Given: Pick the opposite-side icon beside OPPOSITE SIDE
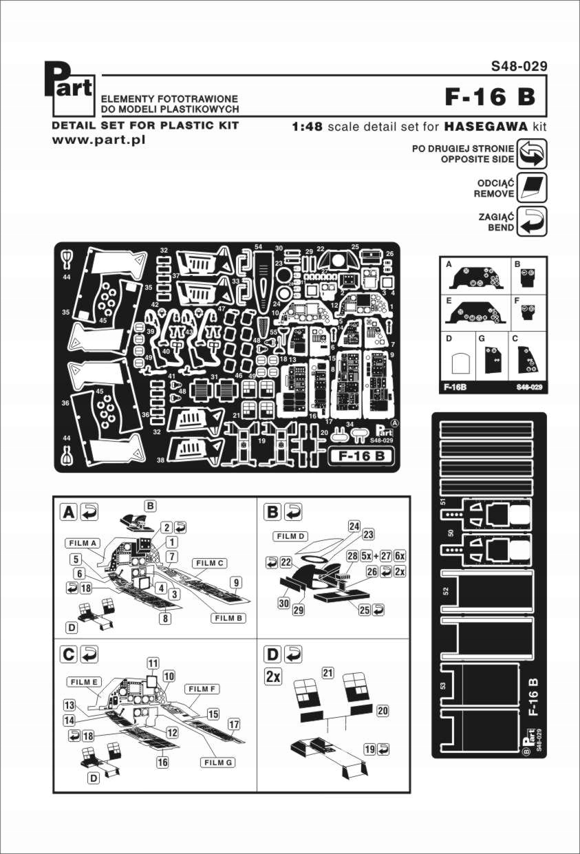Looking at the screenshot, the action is point(532,153).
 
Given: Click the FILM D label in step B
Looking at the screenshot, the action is point(292,535).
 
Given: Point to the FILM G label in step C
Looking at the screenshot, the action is point(219,762).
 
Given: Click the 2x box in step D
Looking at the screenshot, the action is point(273,676).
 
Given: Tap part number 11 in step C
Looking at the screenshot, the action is point(153,663).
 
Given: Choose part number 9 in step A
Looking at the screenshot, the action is point(236,583).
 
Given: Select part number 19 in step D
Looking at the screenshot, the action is point(370,748).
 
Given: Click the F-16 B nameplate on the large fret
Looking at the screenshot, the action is point(361,456).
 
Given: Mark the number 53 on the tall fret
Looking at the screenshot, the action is point(445,686).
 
